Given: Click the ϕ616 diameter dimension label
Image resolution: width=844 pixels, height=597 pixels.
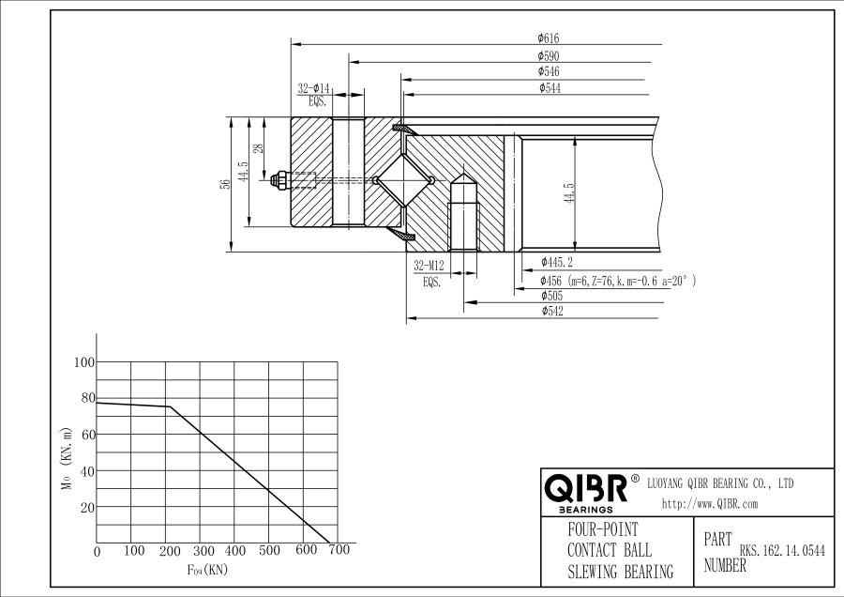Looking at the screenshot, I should [549, 38].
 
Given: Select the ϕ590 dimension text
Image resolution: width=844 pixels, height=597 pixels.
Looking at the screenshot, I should [549, 56].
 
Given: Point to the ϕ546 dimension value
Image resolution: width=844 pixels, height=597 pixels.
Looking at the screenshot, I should [549, 71].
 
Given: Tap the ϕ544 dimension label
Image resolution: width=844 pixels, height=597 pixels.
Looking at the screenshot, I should [550, 87].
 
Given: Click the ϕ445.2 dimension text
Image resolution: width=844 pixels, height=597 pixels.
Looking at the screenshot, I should [556, 262].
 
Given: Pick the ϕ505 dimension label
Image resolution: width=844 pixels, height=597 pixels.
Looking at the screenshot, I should [551, 296].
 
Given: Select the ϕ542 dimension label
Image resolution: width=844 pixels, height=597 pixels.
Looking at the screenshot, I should [551, 312].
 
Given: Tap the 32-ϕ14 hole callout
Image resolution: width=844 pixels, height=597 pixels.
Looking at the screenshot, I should [314, 88].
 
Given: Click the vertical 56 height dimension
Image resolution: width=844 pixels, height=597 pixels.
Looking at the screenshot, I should [225, 184].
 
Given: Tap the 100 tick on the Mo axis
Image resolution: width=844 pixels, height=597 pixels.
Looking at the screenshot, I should [83, 362].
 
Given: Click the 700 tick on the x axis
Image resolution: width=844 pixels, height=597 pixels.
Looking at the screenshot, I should [339, 550].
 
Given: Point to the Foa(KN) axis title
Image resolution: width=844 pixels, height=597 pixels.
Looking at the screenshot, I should [207, 569].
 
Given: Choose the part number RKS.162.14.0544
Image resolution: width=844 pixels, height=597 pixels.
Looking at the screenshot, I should [782, 552].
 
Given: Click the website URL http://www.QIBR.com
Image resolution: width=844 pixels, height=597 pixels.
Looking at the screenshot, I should [709, 504].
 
